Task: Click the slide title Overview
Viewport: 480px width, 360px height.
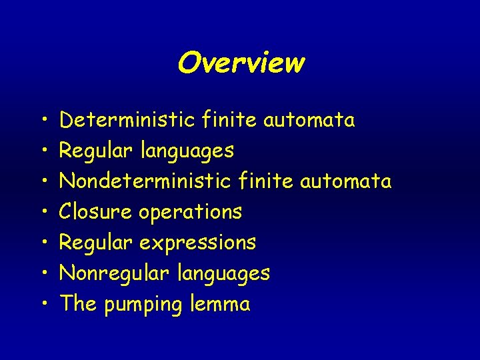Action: (241, 63)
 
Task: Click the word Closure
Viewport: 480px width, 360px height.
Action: (96, 212)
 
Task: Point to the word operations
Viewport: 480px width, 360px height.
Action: (190, 213)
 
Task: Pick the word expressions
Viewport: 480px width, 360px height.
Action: (197, 243)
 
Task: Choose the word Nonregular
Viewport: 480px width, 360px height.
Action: (107, 273)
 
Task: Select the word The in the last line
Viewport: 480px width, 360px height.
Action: (78, 304)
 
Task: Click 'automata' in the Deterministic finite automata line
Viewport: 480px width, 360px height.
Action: (309, 121)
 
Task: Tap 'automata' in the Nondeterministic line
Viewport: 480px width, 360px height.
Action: (346, 182)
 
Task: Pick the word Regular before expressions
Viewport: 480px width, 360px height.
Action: (96, 243)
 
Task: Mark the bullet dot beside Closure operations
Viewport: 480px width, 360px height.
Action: (42, 213)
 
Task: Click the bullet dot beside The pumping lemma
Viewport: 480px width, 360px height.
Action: (42, 305)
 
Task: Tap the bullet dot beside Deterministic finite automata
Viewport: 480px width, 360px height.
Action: (42, 121)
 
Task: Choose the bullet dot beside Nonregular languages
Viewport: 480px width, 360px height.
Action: (42, 274)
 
